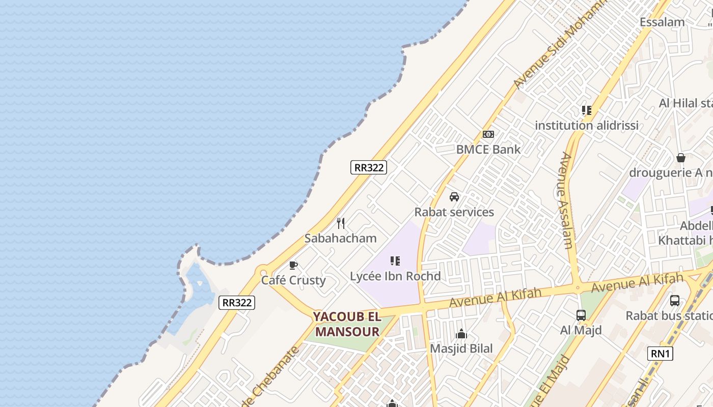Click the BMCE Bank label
[x=488, y=150]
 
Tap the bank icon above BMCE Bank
[x=488, y=134]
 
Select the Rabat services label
[x=454, y=212]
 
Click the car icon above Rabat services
[x=454, y=197]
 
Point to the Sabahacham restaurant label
[x=340, y=238]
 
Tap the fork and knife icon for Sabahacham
[x=341, y=223]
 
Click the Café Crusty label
[x=293, y=280]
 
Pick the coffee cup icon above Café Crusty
[x=293, y=265]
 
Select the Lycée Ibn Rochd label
[x=395, y=277]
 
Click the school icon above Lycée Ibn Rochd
[x=395, y=261]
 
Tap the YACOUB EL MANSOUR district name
[x=347, y=324]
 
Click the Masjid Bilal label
[x=461, y=348]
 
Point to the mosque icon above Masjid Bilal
[x=461, y=334]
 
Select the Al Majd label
[x=581, y=330]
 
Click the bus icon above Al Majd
[x=581, y=315]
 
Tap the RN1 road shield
[x=660, y=354]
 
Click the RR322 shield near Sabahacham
[x=369, y=167]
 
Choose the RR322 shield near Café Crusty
[x=237, y=302]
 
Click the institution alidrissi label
[x=587, y=126]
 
